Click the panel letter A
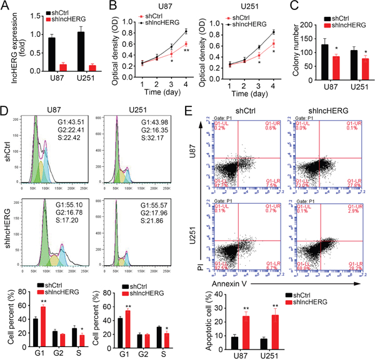click(x=5, y=7)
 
